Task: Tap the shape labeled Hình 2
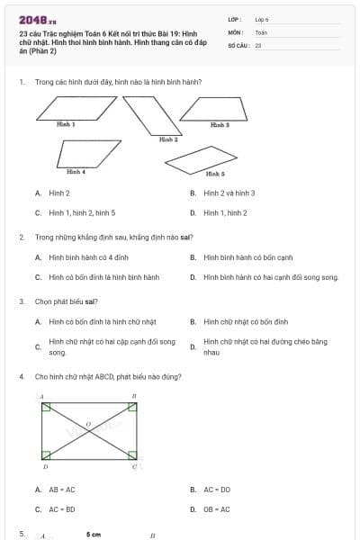click(x=151, y=113)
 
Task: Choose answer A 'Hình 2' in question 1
click(x=59, y=193)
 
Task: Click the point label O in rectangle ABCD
click(x=88, y=423)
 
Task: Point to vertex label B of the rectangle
click(x=134, y=396)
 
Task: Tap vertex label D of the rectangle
click(x=46, y=468)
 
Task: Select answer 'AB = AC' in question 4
click(x=62, y=490)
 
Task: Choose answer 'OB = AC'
click(x=217, y=509)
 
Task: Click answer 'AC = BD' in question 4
click(x=62, y=509)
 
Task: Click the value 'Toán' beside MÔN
click(x=261, y=31)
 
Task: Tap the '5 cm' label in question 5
click(x=94, y=535)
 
